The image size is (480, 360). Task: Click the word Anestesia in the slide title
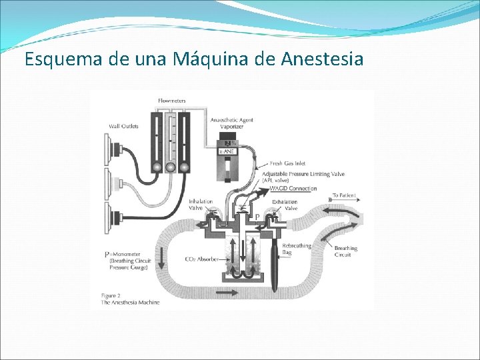(x=322, y=59)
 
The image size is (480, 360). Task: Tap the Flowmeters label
(x=172, y=101)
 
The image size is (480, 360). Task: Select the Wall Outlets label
(x=123, y=127)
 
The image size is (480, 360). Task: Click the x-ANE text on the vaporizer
(x=229, y=152)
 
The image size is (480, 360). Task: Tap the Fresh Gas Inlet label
(x=287, y=163)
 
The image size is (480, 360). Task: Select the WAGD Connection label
(x=294, y=189)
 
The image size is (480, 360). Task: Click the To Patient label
(x=344, y=196)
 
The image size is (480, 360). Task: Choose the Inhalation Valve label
(x=201, y=205)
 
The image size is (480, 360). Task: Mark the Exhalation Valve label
(x=285, y=205)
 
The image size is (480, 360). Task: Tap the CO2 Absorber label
(x=202, y=259)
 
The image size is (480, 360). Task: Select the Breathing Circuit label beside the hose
(x=346, y=251)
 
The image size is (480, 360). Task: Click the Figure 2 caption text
(x=130, y=298)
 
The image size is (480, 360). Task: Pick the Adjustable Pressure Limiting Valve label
(x=307, y=174)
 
